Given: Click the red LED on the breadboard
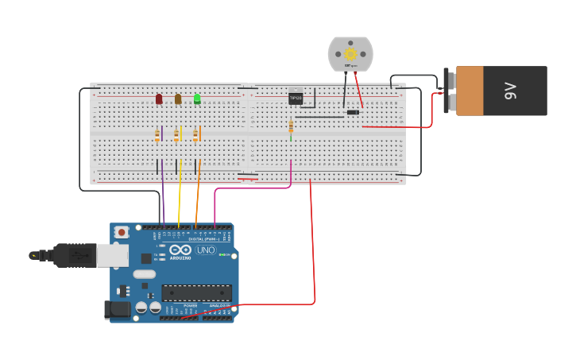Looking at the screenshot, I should point(159,99).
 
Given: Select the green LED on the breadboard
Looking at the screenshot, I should point(197,99).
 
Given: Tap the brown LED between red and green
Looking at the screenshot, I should point(178,99).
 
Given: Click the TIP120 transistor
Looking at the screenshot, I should point(296,98).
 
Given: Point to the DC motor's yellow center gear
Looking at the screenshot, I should point(350,54).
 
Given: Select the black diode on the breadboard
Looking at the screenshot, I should point(353,112).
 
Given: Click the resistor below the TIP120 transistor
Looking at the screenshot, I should point(291,126).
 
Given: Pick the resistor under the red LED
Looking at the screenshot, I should point(157,136).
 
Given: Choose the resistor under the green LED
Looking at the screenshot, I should point(195,136).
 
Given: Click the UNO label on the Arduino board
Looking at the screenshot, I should point(205,250).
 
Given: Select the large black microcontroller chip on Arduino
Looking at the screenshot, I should point(196,292).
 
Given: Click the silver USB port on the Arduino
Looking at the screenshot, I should point(111,254).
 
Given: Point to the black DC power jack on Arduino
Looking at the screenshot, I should point(117,309).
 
